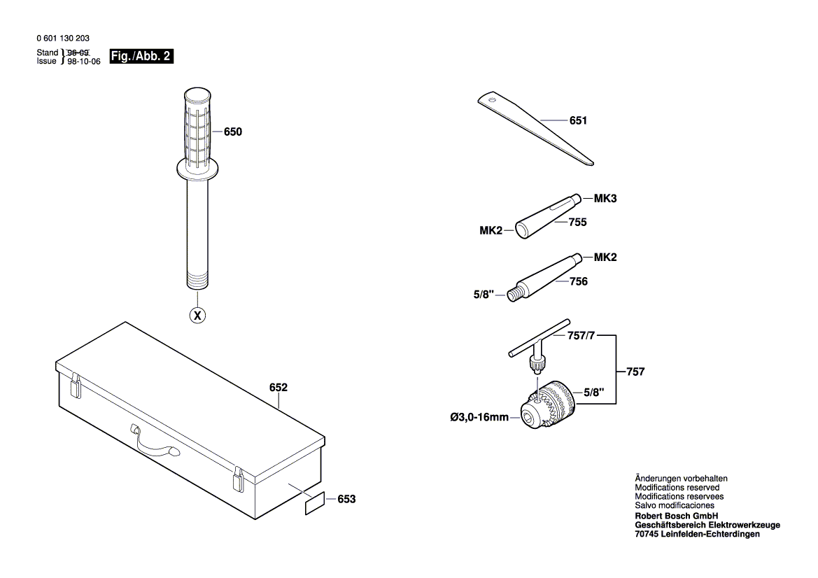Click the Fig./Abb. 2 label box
(x=141, y=56)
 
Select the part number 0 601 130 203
(x=62, y=39)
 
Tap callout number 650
(x=233, y=131)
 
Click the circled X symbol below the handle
(x=198, y=316)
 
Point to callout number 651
(x=578, y=121)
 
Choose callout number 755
(x=578, y=222)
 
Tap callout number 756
(x=579, y=281)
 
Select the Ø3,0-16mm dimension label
(x=479, y=417)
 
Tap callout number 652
(x=278, y=386)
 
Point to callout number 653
(x=346, y=499)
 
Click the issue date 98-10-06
(x=85, y=61)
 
